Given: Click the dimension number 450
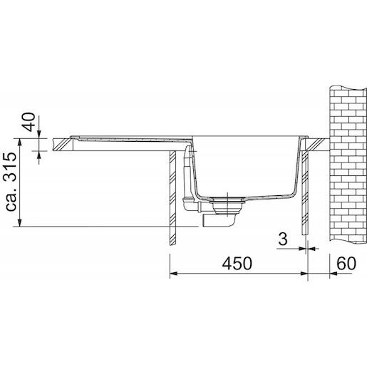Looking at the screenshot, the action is pos(237,264).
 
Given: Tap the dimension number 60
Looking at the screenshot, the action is pos(346,264).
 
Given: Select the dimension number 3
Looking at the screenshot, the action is pos(283,239).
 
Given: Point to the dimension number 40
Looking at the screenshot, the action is pos(29,122).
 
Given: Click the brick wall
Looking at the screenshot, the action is pos(348,164).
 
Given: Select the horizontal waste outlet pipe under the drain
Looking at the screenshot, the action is pos(219,220).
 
